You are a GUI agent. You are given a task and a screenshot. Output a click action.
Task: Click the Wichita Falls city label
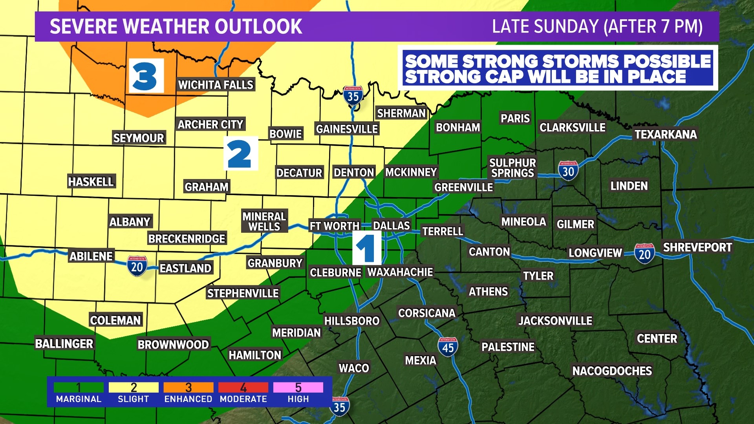point(216,85)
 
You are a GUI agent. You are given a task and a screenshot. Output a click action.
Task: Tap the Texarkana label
point(666,135)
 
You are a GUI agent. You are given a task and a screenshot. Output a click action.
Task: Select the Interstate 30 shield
point(568,171)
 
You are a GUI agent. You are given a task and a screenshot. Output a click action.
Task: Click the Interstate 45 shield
point(448,347)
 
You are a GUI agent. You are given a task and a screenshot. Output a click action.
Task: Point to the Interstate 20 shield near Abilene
point(137,267)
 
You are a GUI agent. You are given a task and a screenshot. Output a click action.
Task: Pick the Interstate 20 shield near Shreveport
point(644,254)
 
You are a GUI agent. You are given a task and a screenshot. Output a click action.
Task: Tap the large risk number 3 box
point(146,76)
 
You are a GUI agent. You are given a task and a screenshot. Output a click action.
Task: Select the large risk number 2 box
point(241,154)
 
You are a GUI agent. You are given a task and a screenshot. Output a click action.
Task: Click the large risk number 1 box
point(367,248)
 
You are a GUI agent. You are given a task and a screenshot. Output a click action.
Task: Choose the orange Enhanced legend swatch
point(188,387)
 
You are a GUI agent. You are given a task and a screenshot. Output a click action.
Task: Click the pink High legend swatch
point(298,387)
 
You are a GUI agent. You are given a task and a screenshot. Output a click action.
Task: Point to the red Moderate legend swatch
point(243,387)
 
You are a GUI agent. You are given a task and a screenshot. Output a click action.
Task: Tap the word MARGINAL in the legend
point(79,399)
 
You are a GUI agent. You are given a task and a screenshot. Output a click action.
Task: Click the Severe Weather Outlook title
point(176,27)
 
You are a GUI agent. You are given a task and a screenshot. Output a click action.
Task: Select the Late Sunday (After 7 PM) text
point(597,27)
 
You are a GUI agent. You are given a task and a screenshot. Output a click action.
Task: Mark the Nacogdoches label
point(612,371)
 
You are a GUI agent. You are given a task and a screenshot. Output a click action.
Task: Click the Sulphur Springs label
point(512,168)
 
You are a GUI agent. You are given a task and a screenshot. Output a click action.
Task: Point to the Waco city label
point(354,368)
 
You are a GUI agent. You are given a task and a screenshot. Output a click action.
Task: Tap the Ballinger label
point(64,344)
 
